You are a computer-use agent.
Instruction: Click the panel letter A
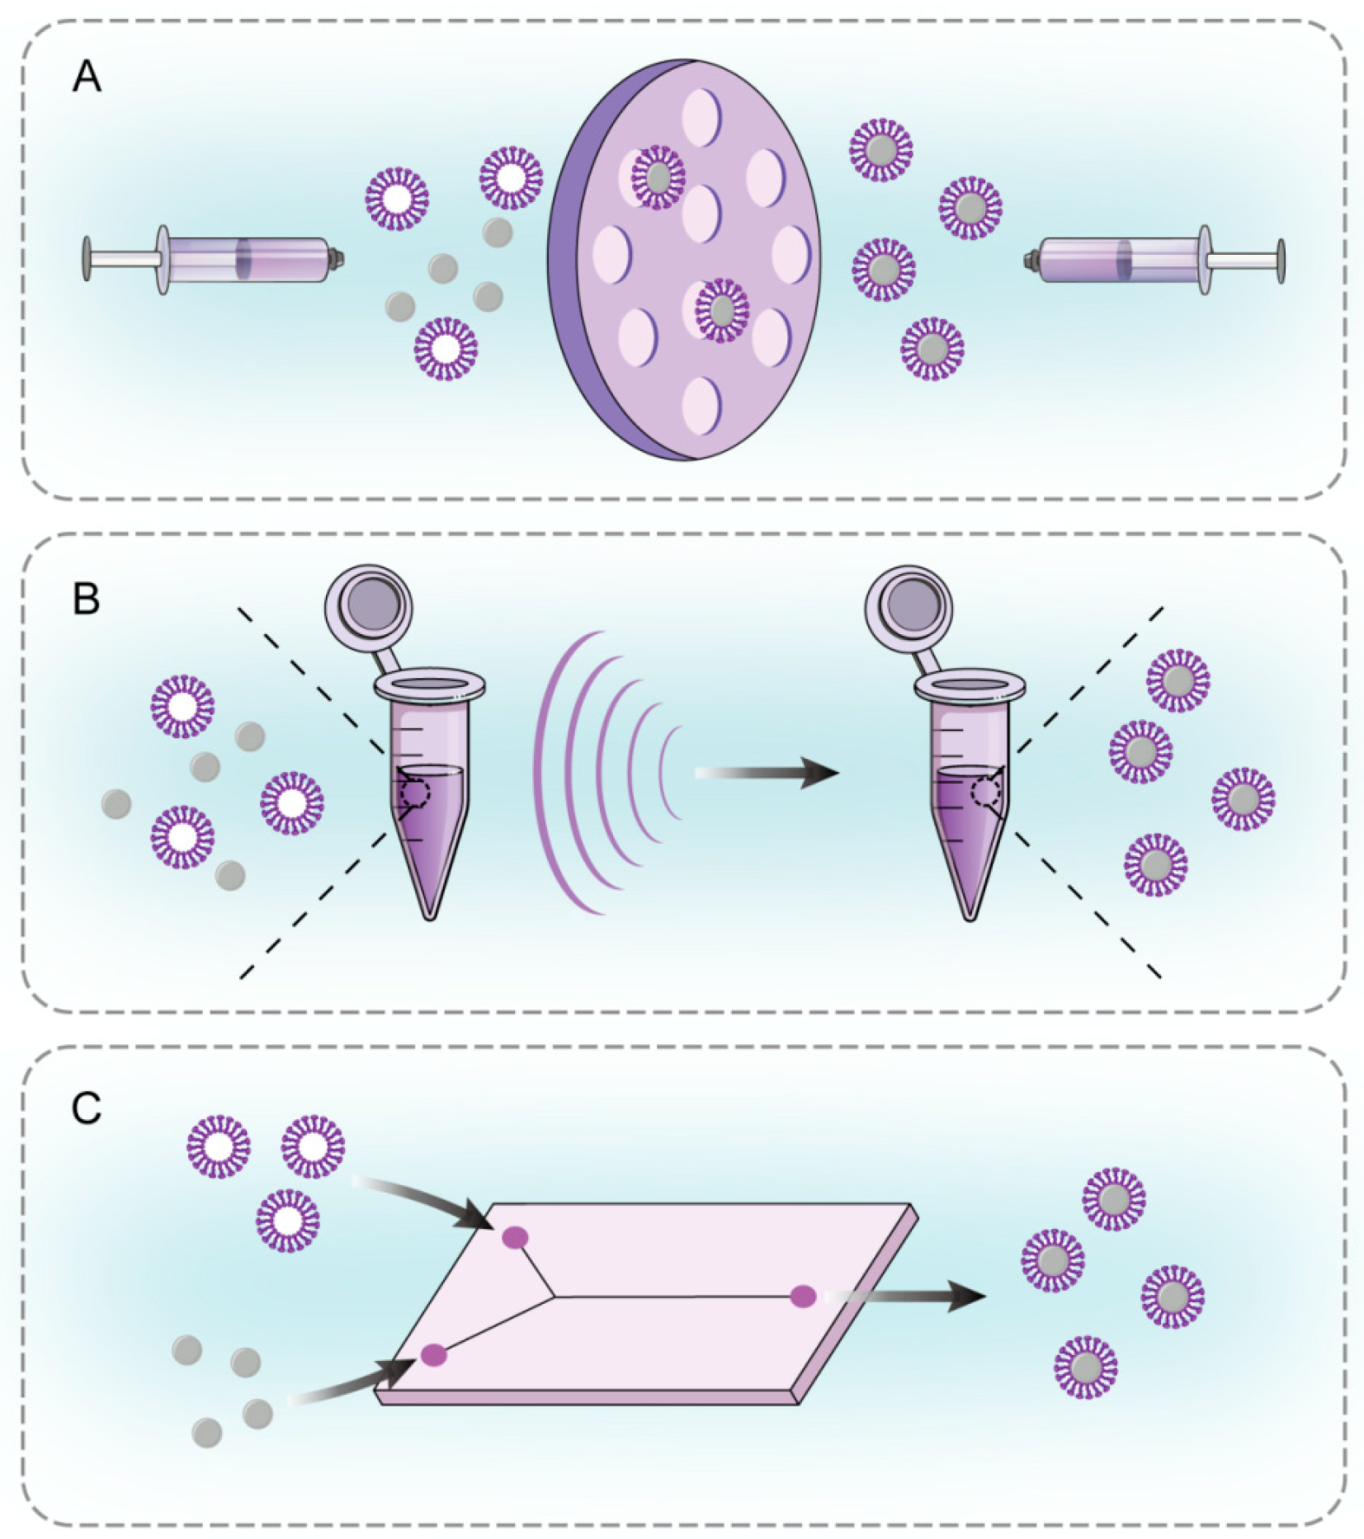tap(87, 78)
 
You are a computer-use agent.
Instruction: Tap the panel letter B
tap(87, 599)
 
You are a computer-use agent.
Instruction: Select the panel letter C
tap(87, 1108)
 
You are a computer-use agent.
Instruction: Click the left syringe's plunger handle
tap(87, 259)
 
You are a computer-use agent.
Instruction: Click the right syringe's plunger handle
tap(1280, 261)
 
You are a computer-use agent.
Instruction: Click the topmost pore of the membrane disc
tap(701, 116)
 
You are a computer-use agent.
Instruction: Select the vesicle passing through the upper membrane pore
tap(658, 176)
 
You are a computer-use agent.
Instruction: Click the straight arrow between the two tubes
tap(767, 773)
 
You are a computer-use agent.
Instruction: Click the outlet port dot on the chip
tap(803, 1297)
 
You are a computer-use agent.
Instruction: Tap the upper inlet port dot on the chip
tap(515, 1237)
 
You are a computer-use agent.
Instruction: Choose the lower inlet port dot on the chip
tap(434, 1354)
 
